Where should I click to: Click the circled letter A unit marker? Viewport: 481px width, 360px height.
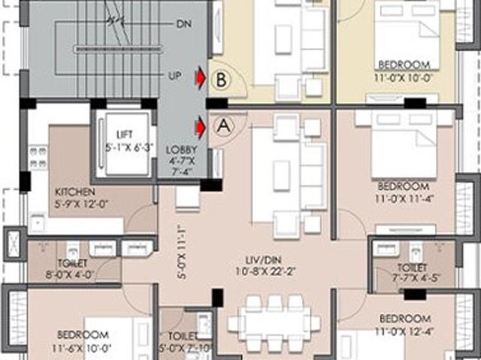tap(224, 126)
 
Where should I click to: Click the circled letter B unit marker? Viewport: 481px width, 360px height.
tap(221, 80)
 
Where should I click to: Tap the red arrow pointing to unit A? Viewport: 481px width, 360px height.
tap(201, 127)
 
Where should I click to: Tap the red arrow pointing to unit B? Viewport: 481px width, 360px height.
tap(201, 78)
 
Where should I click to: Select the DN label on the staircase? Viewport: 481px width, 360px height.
tap(184, 24)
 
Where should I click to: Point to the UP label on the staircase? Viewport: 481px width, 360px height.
tap(175, 75)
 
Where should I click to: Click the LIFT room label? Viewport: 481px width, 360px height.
tap(125, 135)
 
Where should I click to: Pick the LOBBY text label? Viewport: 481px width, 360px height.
tap(181, 150)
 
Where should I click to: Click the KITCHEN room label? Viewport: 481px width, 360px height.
tap(75, 192)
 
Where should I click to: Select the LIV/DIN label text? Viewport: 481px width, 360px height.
tap(264, 260)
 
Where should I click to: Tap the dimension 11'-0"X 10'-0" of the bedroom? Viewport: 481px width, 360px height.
tap(403, 77)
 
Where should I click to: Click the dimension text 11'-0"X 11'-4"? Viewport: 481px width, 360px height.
tap(404, 198)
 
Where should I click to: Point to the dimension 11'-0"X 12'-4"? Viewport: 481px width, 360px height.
tap(404, 331)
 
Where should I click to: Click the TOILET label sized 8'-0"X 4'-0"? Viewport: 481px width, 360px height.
tap(72, 263)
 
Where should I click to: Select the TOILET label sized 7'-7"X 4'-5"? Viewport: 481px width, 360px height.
tap(412, 268)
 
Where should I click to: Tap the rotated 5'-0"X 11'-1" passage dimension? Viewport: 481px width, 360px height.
tap(182, 252)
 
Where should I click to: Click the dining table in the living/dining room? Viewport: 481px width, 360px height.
tap(274, 323)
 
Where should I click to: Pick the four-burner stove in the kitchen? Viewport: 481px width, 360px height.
tap(38, 156)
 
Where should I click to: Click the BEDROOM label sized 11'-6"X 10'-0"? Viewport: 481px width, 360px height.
tap(83, 334)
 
